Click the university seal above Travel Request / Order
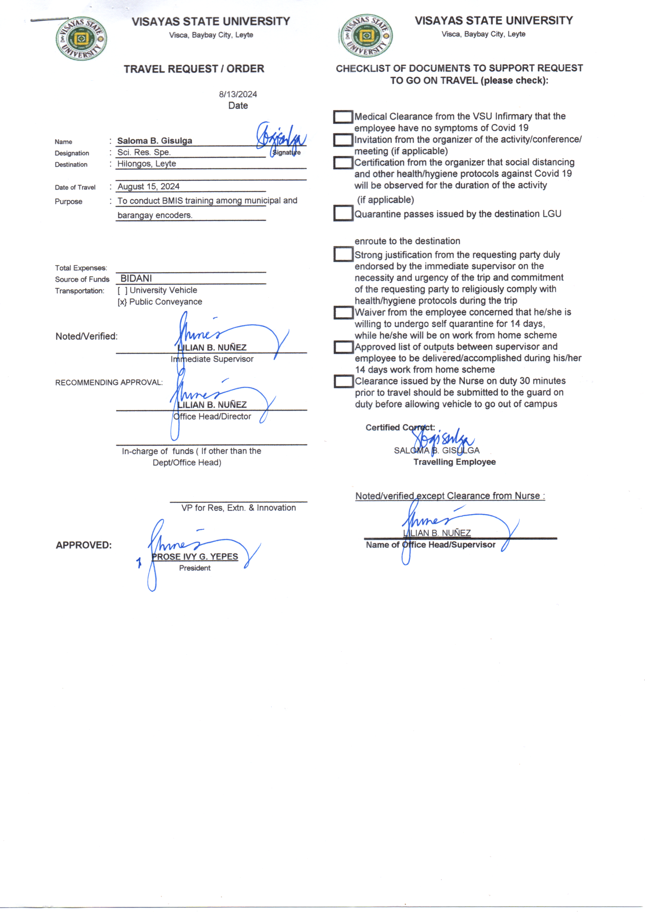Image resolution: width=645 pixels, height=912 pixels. (82, 39)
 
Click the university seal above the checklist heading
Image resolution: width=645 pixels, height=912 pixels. (366, 36)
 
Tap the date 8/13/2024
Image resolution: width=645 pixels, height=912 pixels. (238, 94)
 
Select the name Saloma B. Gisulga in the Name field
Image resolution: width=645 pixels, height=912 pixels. (154, 140)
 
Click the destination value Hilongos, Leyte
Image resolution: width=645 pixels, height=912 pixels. (147, 164)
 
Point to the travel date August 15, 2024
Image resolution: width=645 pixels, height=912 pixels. (148, 186)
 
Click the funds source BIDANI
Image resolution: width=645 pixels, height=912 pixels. (136, 279)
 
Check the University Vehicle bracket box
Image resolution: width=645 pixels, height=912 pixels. (122, 290)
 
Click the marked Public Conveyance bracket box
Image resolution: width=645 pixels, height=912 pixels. (122, 302)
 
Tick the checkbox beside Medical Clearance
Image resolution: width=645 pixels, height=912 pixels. (343, 117)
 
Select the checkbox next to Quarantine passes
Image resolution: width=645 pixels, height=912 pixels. (343, 213)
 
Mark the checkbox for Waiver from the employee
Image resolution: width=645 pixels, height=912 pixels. (343, 312)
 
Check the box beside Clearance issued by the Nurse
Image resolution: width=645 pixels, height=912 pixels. (343, 381)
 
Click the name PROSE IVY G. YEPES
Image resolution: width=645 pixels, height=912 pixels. (195, 557)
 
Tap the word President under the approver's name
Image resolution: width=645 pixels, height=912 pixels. (195, 568)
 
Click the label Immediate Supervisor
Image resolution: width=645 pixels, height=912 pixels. (212, 359)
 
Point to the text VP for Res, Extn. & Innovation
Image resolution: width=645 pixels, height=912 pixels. (238, 507)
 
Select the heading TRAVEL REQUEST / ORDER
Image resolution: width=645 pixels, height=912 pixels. (194, 69)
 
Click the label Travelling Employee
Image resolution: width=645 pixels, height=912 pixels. (454, 462)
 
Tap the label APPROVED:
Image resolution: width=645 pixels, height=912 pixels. (84, 545)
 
